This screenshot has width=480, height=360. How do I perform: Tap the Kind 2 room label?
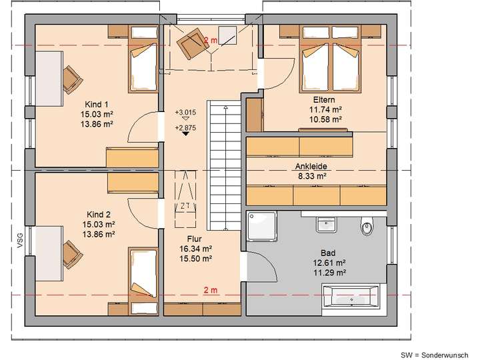(x=97, y=215)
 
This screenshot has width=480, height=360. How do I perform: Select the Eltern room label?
(x=326, y=98)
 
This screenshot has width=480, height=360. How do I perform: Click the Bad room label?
(x=327, y=253)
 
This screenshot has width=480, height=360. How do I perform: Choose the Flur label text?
(x=195, y=238)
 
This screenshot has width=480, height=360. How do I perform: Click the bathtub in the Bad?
(x=351, y=295)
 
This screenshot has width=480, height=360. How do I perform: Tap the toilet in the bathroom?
(x=367, y=227)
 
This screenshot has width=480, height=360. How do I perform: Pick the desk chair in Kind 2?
(x=69, y=252)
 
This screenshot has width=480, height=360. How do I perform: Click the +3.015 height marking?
(x=185, y=112)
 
